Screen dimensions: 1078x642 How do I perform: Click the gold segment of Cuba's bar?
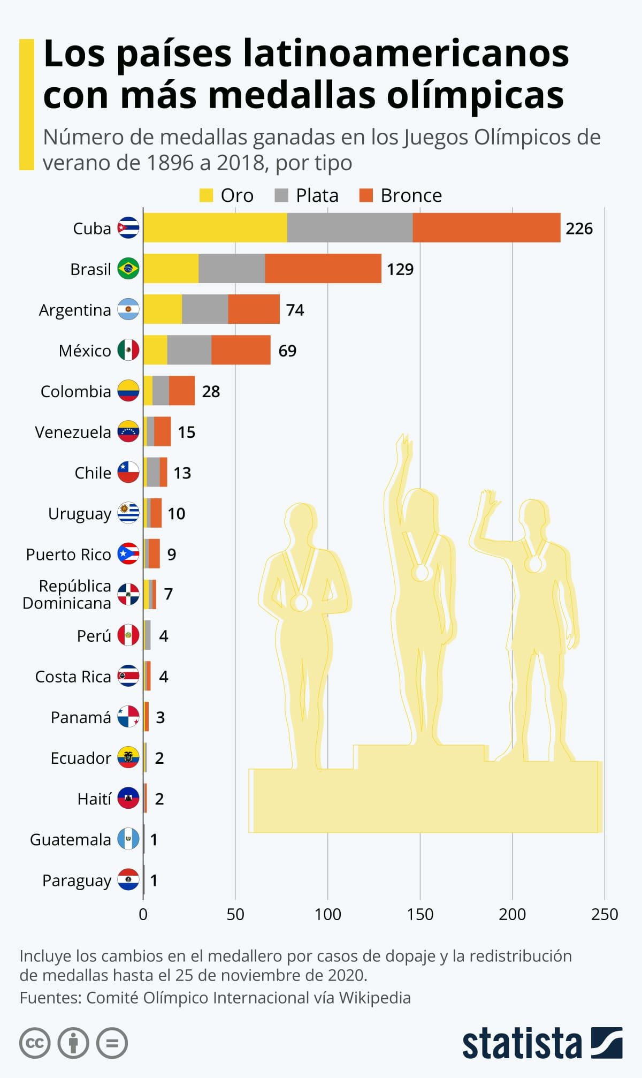tap(215, 228)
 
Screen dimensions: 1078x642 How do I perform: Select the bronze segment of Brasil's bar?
tap(323, 269)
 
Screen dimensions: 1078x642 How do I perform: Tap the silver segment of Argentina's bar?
tap(205, 309)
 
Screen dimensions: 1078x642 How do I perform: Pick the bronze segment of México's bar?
tap(241, 350)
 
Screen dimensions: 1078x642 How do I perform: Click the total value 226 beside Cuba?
tap(579, 229)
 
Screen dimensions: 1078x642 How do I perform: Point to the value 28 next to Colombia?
tap(211, 391)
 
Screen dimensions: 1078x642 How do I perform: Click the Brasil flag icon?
tap(128, 269)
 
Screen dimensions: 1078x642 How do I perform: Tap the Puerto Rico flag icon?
tap(128, 554)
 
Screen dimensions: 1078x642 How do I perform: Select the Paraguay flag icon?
tap(128, 880)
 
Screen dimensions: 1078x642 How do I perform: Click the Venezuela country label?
tap(73, 432)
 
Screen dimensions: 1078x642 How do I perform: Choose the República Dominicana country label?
tap(67, 594)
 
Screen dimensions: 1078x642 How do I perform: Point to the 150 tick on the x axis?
tap(420, 914)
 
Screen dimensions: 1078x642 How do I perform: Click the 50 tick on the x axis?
tap(235, 914)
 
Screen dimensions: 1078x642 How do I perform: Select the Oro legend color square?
tap(206, 195)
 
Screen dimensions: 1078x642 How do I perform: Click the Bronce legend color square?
tap(366, 195)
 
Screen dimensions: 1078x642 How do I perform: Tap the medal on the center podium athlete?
tap(422, 572)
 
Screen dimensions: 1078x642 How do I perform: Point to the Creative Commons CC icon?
tap(35, 1043)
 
